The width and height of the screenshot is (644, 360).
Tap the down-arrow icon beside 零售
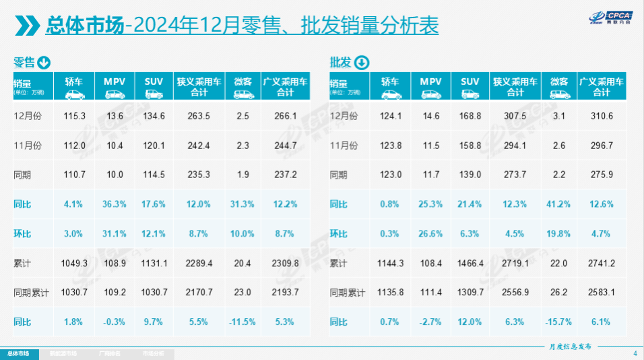[44, 63]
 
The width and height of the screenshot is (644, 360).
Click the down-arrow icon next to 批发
[361, 63]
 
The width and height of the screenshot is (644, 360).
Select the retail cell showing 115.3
[73, 117]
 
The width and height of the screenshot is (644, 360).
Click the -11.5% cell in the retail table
[243, 322]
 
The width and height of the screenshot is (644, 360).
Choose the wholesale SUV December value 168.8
[470, 117]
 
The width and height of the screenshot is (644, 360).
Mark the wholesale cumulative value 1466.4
[470, 263]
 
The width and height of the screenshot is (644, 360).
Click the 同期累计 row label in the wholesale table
[347, 293]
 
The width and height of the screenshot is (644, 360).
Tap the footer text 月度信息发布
[570, 346]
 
